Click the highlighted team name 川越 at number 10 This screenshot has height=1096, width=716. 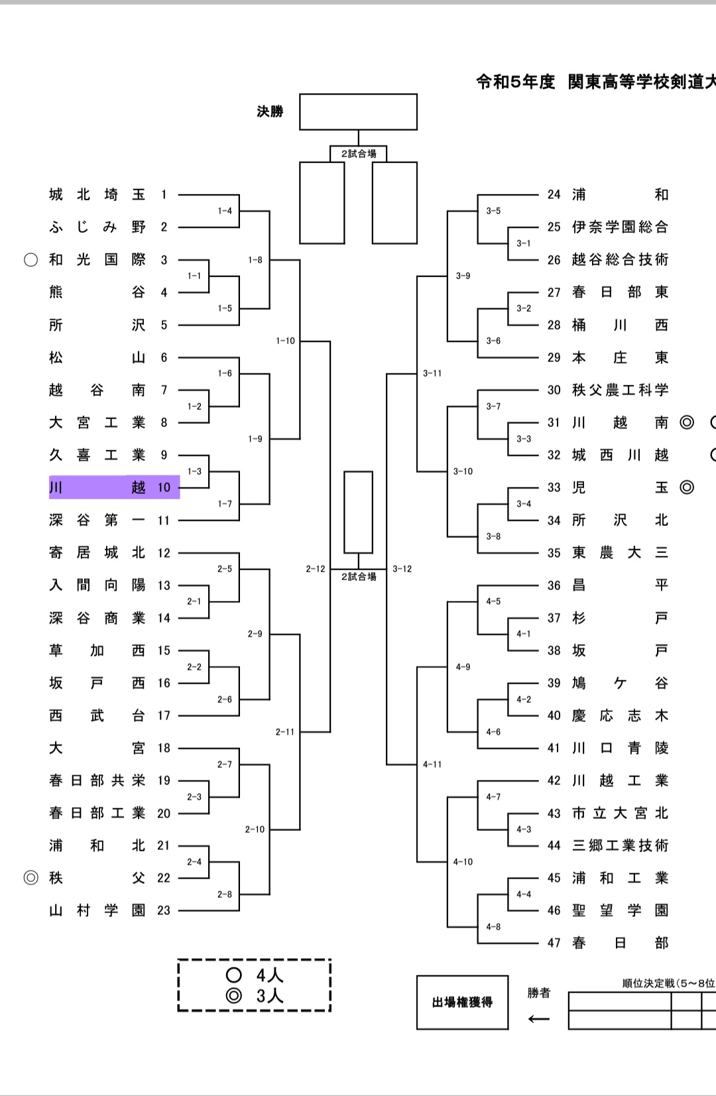coord(97,487)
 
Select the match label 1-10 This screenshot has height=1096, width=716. coord(285,341)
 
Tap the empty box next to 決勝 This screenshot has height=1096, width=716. coord(358,111)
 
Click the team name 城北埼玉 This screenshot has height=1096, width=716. coord(97,194)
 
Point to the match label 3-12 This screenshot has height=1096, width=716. coord(402,569)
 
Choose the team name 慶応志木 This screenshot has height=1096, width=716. coord(620,715)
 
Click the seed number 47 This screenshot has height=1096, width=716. coord(554,943)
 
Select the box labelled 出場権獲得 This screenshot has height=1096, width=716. coord(462,1002)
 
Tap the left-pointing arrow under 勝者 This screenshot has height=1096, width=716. coord(538,1019)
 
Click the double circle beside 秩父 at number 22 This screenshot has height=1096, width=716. coord(30,878)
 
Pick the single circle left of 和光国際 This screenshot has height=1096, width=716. coord(30,259)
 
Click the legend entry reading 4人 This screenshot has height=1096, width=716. coord(255,975)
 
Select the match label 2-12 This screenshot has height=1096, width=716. coord(316,569)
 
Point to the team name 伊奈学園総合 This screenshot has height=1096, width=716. coord(620,227)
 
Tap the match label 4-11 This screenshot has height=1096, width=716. coord(432,764)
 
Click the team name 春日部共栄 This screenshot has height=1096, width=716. coord(97,780)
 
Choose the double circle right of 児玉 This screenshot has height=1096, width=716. coord(687,487)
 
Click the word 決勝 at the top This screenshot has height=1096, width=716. coord(270,111)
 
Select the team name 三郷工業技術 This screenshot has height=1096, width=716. coord(620,845)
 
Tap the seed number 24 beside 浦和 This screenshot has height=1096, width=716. coord(554,194)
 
